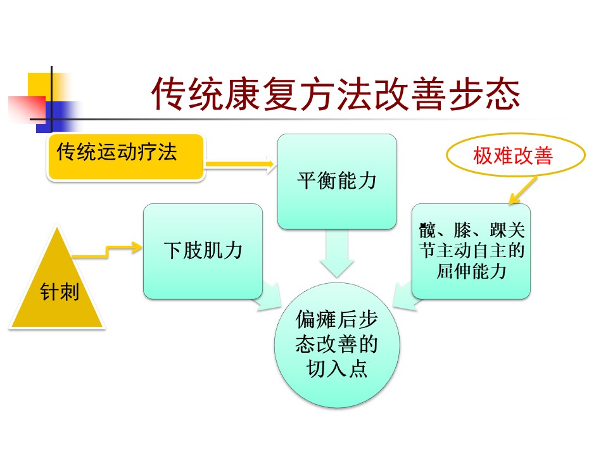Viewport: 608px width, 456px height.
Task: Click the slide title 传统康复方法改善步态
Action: (x=336, y=95)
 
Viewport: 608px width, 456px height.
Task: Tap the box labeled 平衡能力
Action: (x=337, y=181)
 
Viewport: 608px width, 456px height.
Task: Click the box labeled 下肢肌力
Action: (x=203, y=251)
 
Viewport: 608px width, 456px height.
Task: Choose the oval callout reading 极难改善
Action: (x=512, y=156)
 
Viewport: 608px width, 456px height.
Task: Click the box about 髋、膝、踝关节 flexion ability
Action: (x=471, y=251)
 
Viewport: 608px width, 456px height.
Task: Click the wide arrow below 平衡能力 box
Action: (x=337, y=253)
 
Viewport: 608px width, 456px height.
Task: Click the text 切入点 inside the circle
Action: (x=337, y=369)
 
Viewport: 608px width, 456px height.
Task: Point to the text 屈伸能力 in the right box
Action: (x=471, y=270)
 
